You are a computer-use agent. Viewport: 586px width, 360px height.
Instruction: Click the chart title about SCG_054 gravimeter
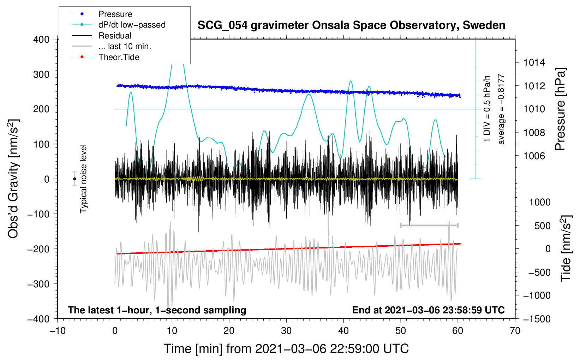pos(351,25)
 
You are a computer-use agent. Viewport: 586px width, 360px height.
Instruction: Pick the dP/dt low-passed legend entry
pos(132,25)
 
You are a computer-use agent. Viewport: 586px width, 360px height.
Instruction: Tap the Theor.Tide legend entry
pos(119,57)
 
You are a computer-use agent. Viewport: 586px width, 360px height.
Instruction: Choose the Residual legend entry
pos(115,36)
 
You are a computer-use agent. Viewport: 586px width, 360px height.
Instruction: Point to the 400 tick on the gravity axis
pos(42,39)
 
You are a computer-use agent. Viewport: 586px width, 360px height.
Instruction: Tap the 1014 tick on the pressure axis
pos(534,62)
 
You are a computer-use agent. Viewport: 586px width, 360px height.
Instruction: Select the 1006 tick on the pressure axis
pos(534,156)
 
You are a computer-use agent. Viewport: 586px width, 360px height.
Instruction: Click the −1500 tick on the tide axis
pos(537,319)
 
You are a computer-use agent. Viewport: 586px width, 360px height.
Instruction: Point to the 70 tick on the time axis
pos(515,331)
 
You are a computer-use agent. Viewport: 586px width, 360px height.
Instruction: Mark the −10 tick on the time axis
pos(58,331)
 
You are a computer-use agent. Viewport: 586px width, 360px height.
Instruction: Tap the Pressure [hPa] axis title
pos(560,109)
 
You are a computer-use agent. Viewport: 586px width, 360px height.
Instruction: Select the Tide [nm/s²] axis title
pos(566,248)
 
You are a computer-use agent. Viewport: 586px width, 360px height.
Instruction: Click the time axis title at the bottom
pos(286,349)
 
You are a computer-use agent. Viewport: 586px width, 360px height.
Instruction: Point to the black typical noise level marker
pos(74,179)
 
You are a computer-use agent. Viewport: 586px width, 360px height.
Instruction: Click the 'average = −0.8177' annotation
pos(501,109)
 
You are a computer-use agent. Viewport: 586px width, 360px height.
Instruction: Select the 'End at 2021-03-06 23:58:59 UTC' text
pos(428,310)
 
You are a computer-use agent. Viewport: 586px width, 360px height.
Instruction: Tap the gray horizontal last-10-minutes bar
pos(429,225)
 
